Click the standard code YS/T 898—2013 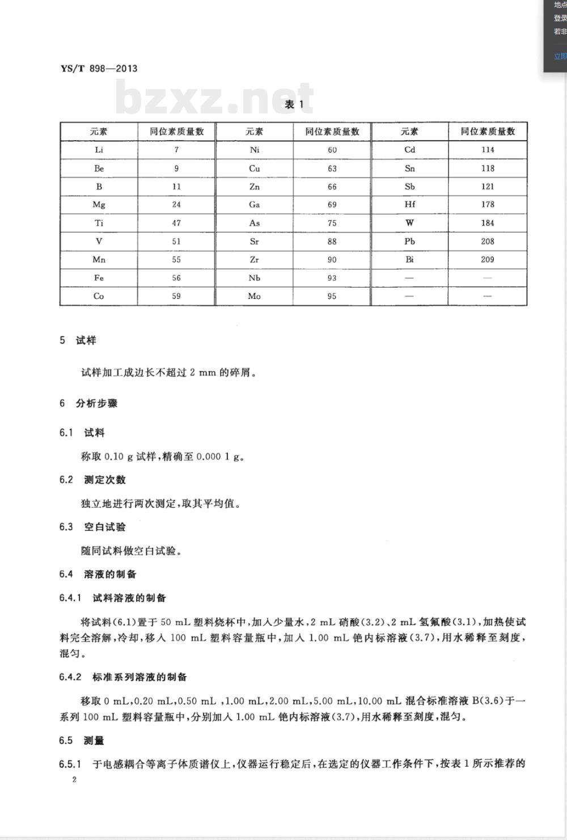[99, 69]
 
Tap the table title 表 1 [294, 104]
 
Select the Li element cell [99, 150]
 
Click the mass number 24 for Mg [176, 205]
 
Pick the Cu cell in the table [254, 168]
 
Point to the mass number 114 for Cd [488, 150]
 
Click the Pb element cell [409, 241]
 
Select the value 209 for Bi [488, 260]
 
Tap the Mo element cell [254, 296]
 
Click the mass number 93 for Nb [332, 278]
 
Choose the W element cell [409, 223]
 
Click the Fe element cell [99, 278]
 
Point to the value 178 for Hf [488, 205]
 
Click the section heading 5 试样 [78, 340]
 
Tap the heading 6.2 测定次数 [92, 480]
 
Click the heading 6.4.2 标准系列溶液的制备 [123, 677]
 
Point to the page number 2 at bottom [74, 779]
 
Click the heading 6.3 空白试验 [92, 527]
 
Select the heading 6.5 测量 [82, 741]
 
